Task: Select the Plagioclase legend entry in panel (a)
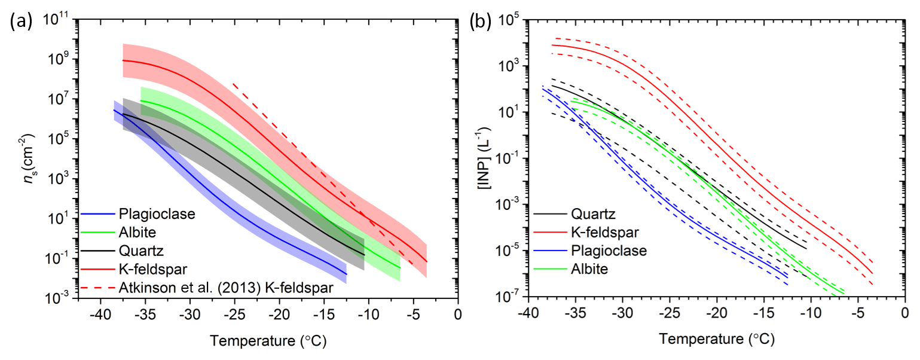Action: [149, 213]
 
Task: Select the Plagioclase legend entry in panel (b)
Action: [609, 250]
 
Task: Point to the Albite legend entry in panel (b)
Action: [589, 269]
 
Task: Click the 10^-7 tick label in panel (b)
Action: [508, 297]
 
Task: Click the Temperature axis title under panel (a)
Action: [268, 341]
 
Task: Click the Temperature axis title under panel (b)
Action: [716, 340]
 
